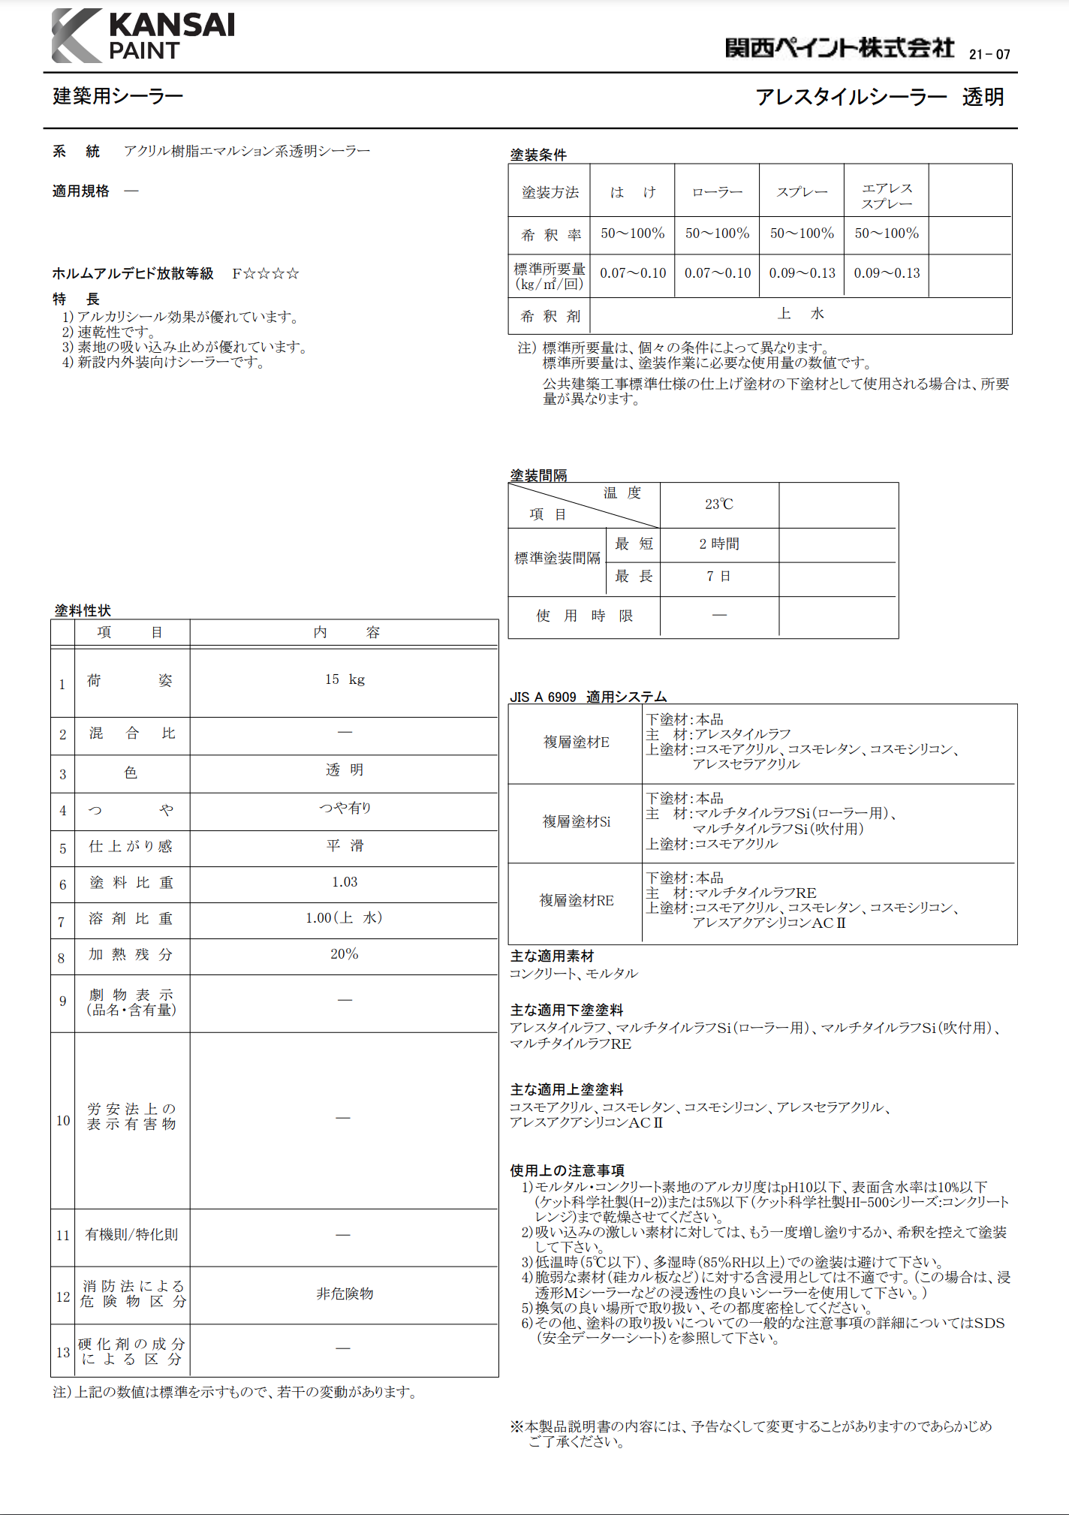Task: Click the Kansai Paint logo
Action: pos(143,36)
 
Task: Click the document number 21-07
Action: pos(989,54)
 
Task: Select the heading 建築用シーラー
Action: pos(118,96)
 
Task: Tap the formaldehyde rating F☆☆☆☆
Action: pos(266,273)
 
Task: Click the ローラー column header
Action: pos(717,192)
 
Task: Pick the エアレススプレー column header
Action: pos(887,195)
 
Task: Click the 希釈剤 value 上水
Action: pos(801,314)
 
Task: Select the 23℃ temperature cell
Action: pos(718,504)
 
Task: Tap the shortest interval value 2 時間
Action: pos(718,544)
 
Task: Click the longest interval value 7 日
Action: pos(718,577)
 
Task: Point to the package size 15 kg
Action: pos(345,679)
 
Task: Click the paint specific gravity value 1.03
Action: pos(345,882)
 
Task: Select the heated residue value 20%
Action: pos(345,954)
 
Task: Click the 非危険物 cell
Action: pos(345,1294)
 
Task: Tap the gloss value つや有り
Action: pos(345,808)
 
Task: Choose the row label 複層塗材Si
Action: pos(577,822)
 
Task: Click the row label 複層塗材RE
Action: pos(577,900)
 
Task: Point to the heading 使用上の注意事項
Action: pos(568,1170)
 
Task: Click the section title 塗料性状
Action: pos(83,610)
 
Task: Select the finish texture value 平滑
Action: pos(345,846)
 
